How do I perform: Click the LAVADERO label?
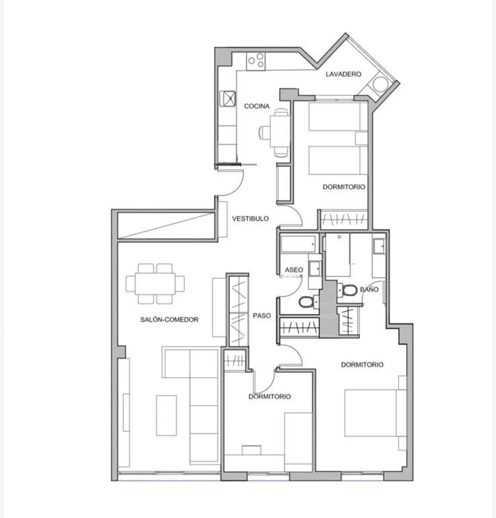[x=343, y=74]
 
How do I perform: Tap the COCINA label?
[x=257, y=106]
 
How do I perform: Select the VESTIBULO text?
[x=250, y=218]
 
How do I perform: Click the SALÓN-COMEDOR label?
[x=169, y=319]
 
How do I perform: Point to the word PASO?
[x=262, y=315]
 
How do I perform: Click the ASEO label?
[x=294, y=270]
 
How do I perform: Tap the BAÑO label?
[x=369, y=289]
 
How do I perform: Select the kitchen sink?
[x=228, y=98]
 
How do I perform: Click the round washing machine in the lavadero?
[x=380, y=84]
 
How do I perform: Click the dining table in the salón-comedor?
[x=155, y=283]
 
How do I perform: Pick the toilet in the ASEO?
[x=307, y=301]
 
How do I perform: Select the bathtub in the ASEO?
[x=298, y=244]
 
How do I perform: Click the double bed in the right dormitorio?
[x=371, y=413]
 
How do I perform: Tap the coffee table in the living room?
[x=166, y=415]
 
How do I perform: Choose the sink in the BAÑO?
[x=379, y=246]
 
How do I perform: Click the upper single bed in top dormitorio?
[x=334, y=116]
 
